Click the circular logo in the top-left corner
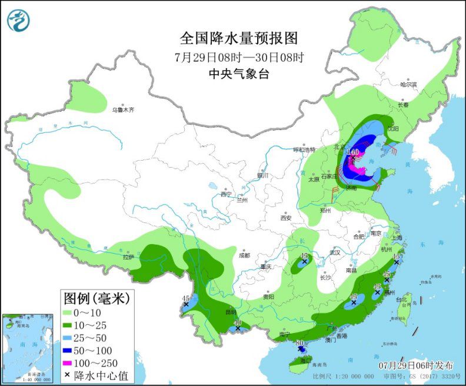(18, 21)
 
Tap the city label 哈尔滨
(408, 85)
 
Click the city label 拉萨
(128, 257)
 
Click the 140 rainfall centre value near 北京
(352, 152)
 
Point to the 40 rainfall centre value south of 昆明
(238, 322)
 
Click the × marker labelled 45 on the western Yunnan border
(186, 304)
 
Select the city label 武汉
(336, 252)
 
